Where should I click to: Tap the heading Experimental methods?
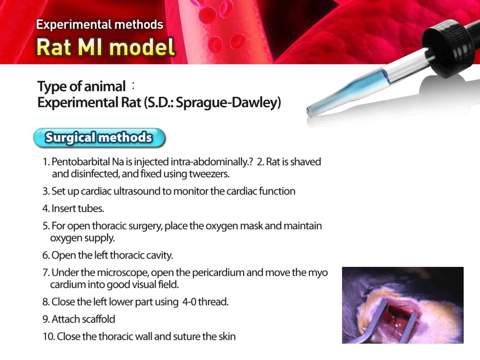point(100,24)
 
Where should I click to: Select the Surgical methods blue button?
point(100,138)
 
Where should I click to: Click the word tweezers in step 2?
point(209,174)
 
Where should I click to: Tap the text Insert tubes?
point(73,209)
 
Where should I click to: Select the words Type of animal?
point(81,86)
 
